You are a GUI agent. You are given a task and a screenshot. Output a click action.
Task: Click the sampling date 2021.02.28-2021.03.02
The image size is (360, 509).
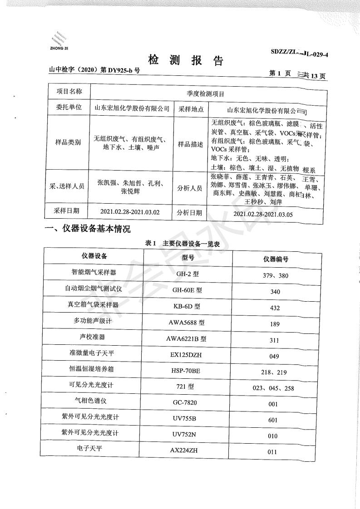coord(132,211)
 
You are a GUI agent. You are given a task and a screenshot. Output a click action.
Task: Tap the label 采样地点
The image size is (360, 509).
coord(190,109)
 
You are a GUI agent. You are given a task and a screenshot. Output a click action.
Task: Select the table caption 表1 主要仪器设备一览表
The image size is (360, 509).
coord(182,244)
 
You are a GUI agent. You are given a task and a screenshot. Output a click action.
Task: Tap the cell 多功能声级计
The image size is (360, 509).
coord(94,321)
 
